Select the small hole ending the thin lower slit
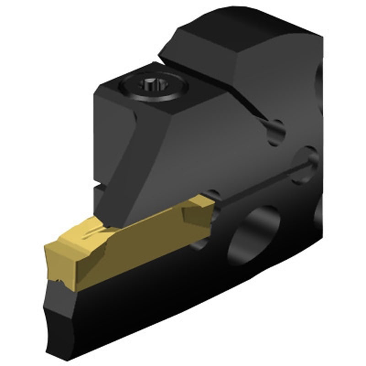[311, 158]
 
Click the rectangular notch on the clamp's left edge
[98, 186]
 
